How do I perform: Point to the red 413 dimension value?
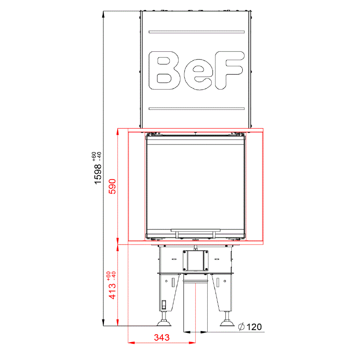(112, 291)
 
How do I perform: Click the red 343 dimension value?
(162, 338)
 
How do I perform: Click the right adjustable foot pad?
(227, 324)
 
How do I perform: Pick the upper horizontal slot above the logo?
(196, 32)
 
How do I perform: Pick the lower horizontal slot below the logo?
(196, 108)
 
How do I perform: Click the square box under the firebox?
(196, 260)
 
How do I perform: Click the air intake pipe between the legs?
(196, 305)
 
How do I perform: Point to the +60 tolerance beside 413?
(108, 275)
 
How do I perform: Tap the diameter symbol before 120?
(241, 327)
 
